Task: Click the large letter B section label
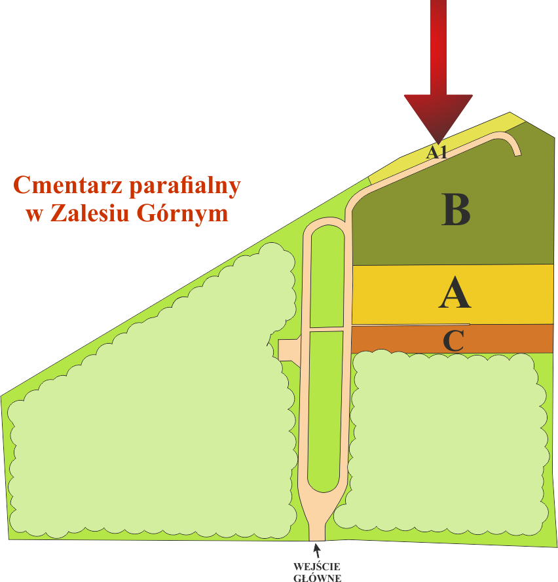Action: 456,209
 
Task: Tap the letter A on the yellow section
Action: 455,293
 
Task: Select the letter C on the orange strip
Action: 454,340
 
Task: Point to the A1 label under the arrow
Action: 436,152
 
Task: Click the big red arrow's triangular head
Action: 438,115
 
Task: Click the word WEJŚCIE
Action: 317,567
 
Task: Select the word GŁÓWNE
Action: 317,577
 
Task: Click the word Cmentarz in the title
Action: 67,185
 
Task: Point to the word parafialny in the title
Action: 185,187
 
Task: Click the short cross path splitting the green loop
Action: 327,329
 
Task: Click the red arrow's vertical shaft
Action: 438,48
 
